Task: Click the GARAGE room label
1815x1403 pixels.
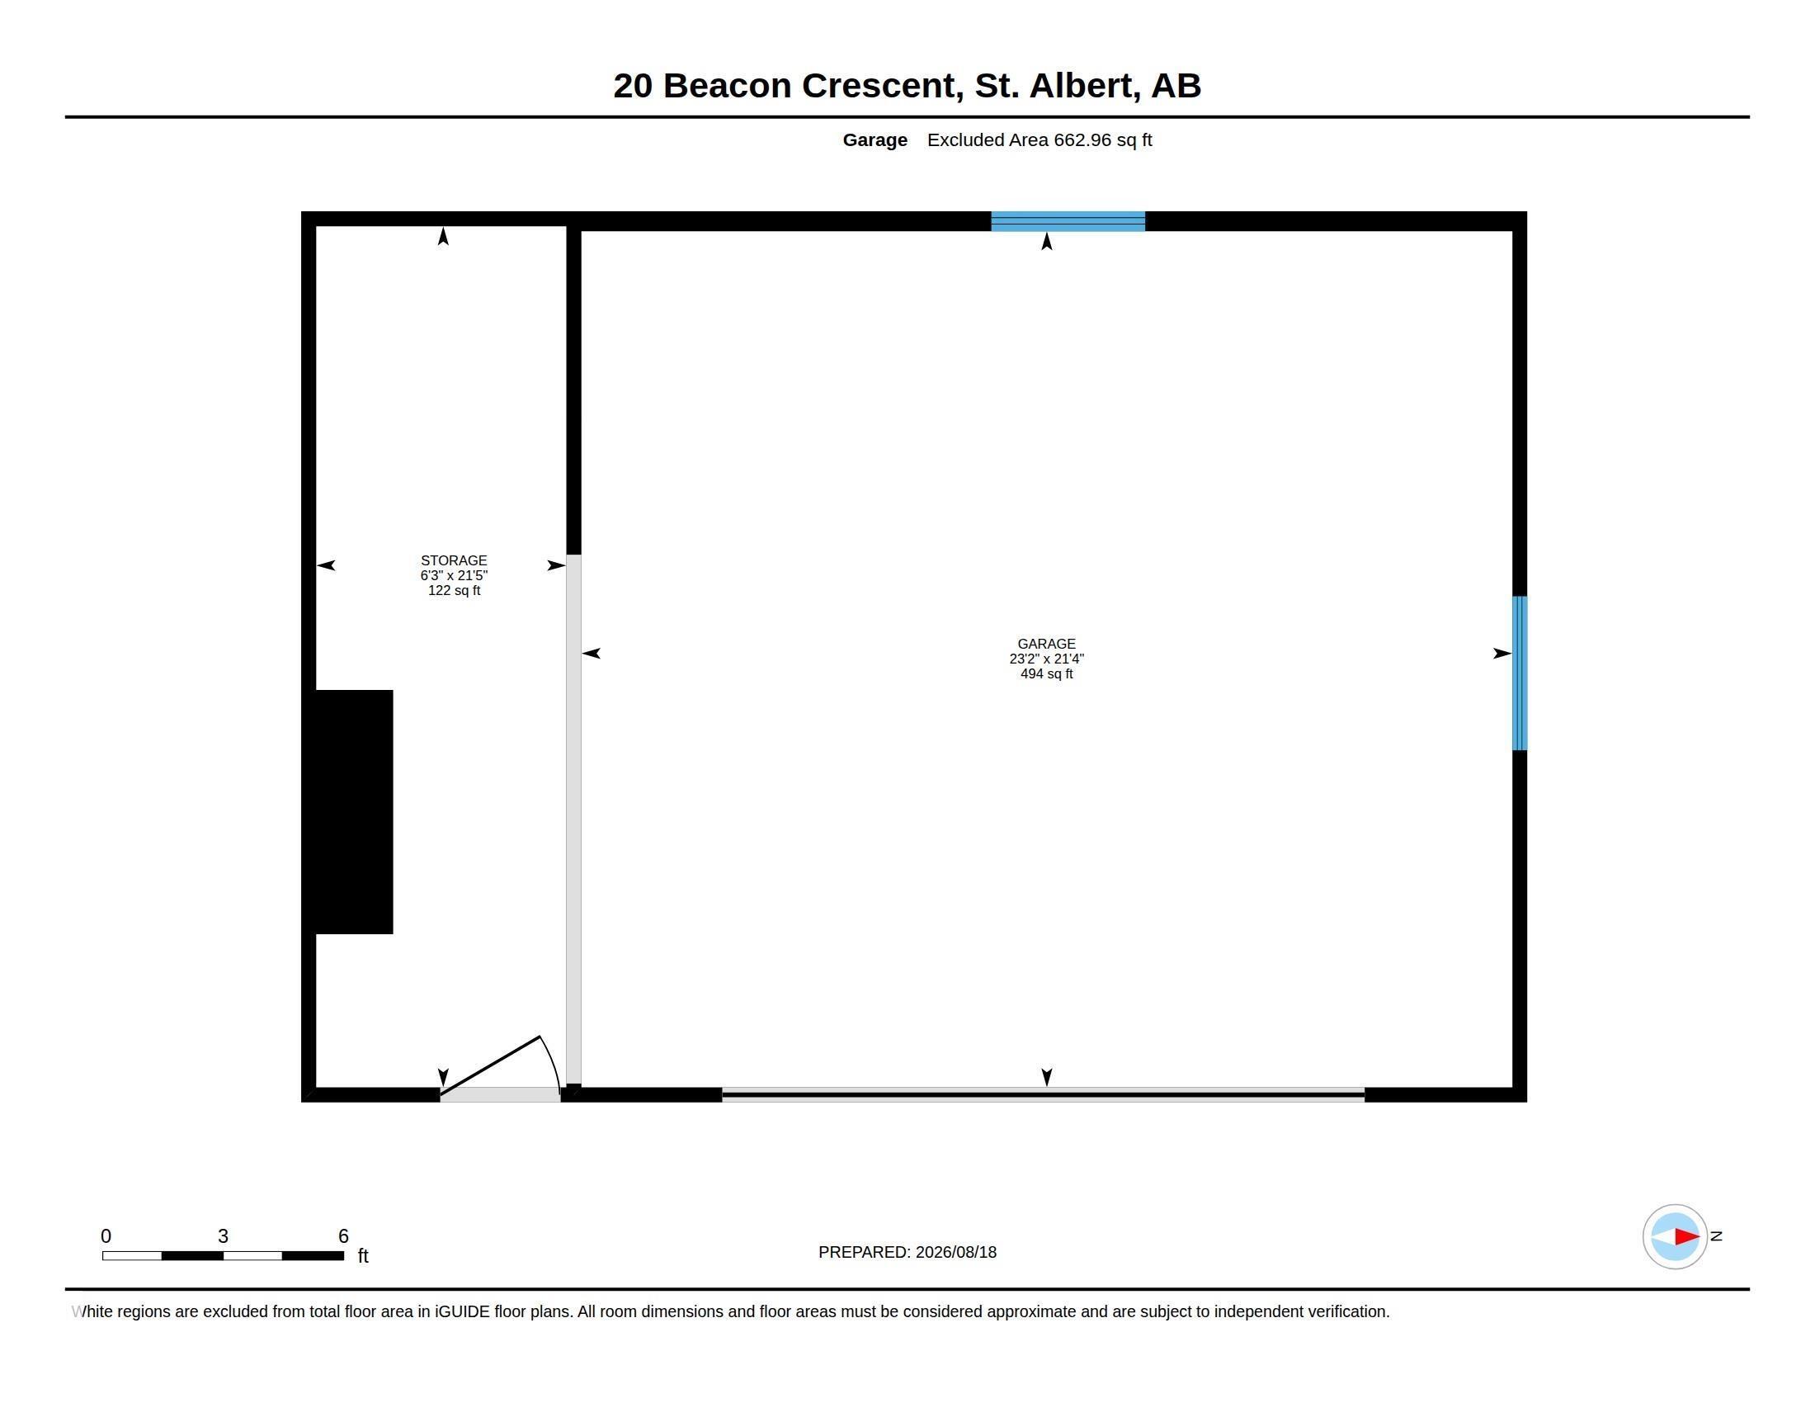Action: coord(1046,645)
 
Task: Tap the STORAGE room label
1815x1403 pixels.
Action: coord(454,561)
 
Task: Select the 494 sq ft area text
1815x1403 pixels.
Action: coord(1046,674)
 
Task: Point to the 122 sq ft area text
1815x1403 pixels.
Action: coord(454,591)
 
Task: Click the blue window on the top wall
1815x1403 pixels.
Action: coord(1068,221)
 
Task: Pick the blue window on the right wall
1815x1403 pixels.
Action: coord(1519,673)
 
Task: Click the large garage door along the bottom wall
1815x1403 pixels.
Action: coord(1043,1094)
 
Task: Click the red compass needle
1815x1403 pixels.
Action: coord(1687,1237)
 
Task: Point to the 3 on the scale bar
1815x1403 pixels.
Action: coord(223,1236)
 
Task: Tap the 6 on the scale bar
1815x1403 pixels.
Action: coord(343,1236)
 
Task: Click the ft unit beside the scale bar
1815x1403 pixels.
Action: coord(363,1256)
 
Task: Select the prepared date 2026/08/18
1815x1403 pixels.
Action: coord(955,1253)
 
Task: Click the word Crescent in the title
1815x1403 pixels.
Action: coord(883,86)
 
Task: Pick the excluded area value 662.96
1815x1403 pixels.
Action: coord(1082,139)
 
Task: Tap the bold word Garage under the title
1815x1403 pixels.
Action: coord(875,140)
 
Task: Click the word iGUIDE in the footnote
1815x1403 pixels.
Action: coord(462,1311)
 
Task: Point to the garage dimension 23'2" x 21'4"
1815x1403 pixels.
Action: coord(1046,659)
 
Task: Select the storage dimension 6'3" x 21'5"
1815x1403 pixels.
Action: coord(454,576)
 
